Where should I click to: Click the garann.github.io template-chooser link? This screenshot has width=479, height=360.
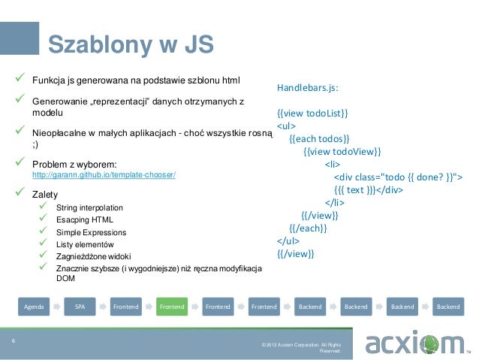(x=104, y=175)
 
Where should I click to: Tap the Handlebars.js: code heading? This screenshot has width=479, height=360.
(x=308, y=88)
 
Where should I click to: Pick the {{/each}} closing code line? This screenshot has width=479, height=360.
(x=308, y=228)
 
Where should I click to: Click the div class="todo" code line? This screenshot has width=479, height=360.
(x=397, y=177)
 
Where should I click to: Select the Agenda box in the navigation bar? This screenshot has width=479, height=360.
(x=34, y=307)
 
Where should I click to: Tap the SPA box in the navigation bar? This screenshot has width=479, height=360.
(x=80, y=307)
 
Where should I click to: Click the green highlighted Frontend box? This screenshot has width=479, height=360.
(x=172, y=307)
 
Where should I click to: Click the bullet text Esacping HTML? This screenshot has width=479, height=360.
(x=83, y=220)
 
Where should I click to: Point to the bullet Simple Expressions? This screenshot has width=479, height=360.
(x=91, y=233)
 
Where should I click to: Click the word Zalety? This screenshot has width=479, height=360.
(x=46, y=194)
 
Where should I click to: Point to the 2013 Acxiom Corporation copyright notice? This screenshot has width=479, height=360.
(x=300, y=347)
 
